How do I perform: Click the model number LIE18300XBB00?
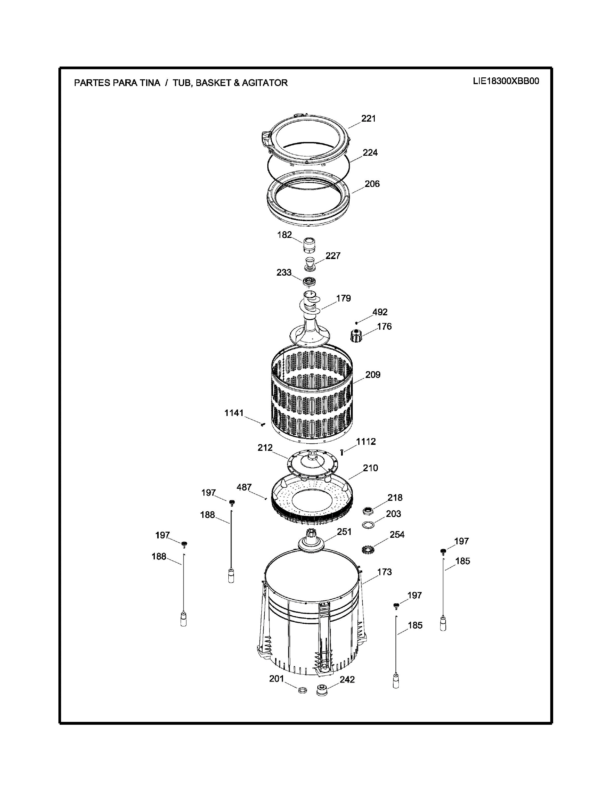[x=506, y=81]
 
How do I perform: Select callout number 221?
[x=368, y=119]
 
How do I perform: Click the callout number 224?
[x=370, y=153]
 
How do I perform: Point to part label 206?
[x=372, y=184]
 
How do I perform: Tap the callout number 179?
[x=343, y=298]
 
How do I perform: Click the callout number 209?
[x=373, y=375]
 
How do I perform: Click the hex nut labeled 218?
[x=369, y=512]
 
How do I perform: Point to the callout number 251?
[x=344, y=532]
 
